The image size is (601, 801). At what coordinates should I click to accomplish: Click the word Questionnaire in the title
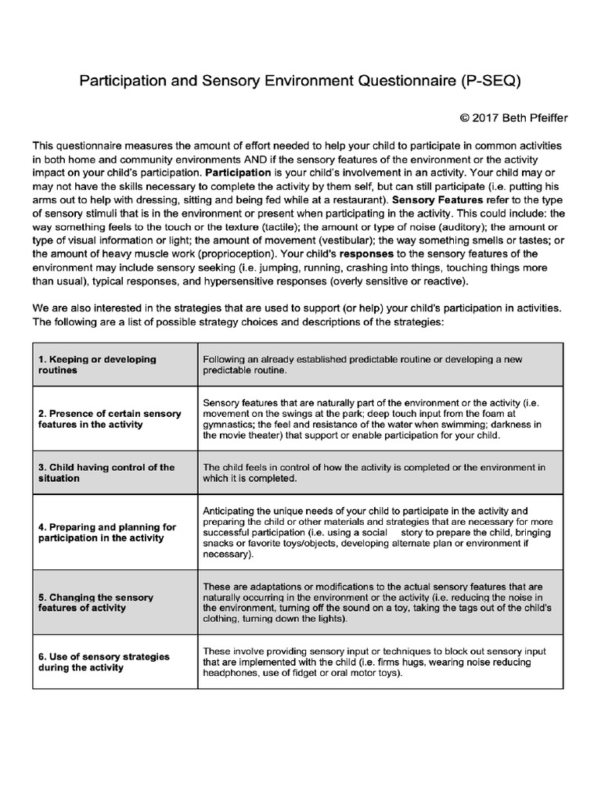pyautogui.click(x=387, y=80)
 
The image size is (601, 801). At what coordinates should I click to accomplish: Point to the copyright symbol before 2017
pyautogui.click(x=465, y=118)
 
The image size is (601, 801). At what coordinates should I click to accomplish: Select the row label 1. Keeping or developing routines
pyautogui.click(x=97, y=365)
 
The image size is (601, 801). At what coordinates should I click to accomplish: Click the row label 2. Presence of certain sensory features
pyautogui.click(x=110, y=418)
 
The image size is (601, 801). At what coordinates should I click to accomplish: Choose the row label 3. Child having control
pyautogui.click(x=106, y=472)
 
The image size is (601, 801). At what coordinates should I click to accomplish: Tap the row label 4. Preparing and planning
pyautogui.click(x=106, y=532)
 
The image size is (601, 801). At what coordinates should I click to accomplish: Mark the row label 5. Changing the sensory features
pyautogui.click(x=95, y=602)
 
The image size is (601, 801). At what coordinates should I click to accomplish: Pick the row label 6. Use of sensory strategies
pyautogui.click(x=103, y=662)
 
